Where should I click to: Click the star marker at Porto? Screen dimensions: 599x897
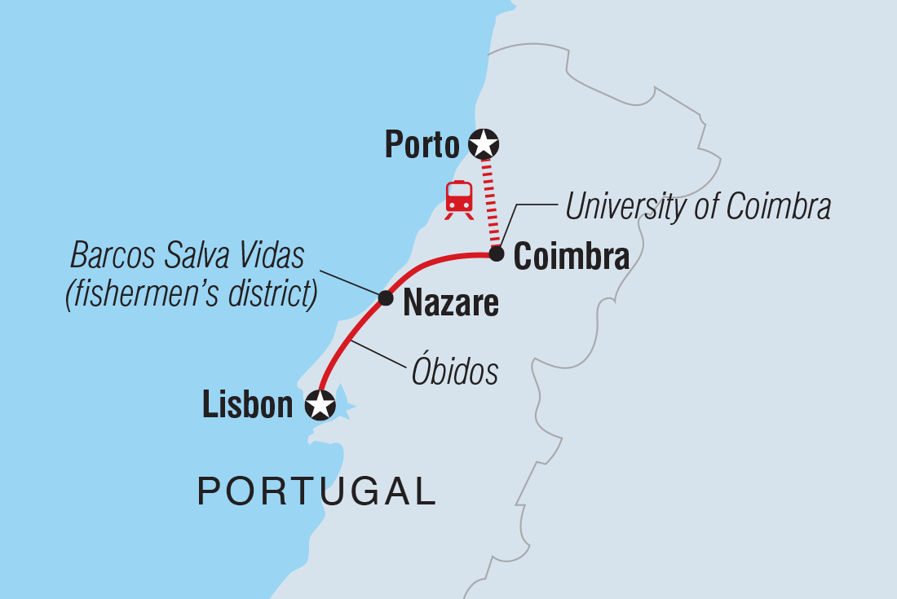(484, 144)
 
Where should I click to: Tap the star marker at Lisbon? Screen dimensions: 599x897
(319, 404)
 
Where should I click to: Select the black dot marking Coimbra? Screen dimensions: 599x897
(496, 255)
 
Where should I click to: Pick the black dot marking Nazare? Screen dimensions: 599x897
(387, 297)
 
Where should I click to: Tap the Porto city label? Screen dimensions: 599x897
(422, 146)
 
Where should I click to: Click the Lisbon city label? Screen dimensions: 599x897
(247, 405)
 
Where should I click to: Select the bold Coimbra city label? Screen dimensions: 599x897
(572, 258)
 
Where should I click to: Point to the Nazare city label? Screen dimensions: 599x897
(451, 303)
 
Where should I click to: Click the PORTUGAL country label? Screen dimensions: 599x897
(317, 491)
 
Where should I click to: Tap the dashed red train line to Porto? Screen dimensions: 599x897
(490, 204)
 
